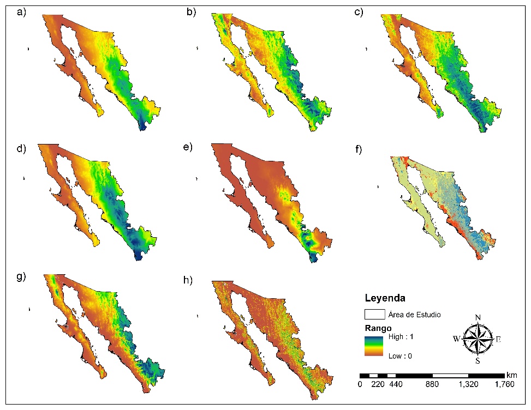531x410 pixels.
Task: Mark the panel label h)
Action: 192,282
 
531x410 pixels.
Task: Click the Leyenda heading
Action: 385,298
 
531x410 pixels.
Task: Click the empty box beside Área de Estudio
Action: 374,315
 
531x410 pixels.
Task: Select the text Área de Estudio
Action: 414,315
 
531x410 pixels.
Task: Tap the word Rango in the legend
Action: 377,329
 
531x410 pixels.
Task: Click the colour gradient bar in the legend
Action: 374,346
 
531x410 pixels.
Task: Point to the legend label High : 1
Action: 401,337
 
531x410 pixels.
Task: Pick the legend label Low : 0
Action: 400,356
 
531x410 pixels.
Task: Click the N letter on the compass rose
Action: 478,318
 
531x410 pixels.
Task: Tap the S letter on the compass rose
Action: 478,361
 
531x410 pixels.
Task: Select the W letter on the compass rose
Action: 456,339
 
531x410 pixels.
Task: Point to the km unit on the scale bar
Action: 511,376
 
